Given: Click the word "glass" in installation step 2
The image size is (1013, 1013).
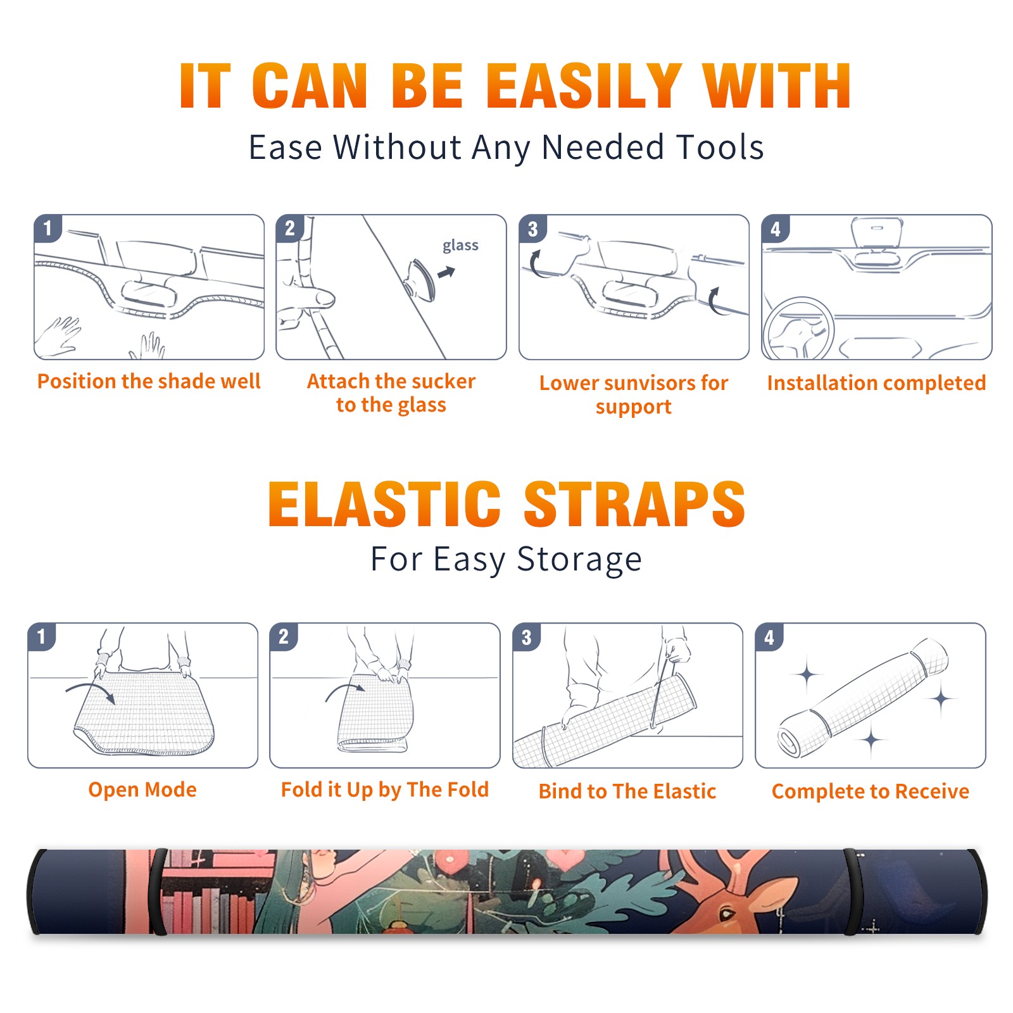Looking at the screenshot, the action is tap(460, 246).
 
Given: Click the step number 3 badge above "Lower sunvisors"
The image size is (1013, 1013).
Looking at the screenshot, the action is tap(532, 229).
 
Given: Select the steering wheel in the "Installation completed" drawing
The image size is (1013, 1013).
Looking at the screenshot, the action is tap(799, 329).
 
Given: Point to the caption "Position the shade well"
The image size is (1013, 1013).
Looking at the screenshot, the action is tap(149, 381).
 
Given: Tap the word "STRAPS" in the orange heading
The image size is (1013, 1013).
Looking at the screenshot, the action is tap(634, 504).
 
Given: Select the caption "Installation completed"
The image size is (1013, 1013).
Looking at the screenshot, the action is tap(876, 383).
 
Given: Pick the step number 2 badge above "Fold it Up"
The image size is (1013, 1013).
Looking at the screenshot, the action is tap(283, 636).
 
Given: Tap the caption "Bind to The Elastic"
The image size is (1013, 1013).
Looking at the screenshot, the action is tap(627, 791).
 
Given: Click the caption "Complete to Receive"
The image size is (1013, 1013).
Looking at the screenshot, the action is tap(871, 791).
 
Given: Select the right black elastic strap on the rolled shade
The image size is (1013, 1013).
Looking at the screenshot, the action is tap(852, 892).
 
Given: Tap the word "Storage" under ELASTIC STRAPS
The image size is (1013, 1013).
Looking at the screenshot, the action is tap(579, 560).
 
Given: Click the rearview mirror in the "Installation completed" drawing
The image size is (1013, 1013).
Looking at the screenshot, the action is tap(877, 232).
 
